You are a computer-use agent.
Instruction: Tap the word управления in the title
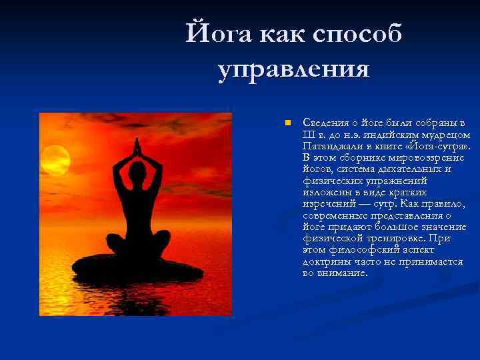(293, 69)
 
